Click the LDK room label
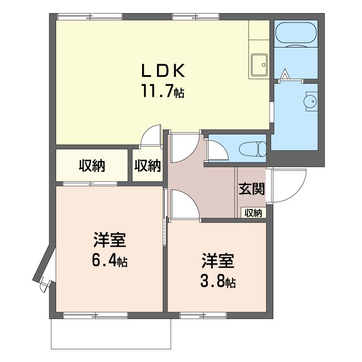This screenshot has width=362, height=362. pyautogui.click(x=163, y=71)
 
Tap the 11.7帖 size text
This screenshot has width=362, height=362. pyautogui.click(x=163, y=91)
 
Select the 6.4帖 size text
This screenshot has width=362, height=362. pyautogui.click(x=110, y=260)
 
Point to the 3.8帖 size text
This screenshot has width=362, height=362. pyautogui.click(x=218, y=281)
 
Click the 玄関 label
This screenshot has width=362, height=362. pyautogui.click(x=252, y=189)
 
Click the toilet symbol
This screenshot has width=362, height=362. pyautogui.click(x=252, y=149)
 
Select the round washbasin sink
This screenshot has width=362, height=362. pyautogui.click(x=311, y=101)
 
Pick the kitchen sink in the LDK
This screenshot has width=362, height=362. pyautogui.click(x=259, y=65)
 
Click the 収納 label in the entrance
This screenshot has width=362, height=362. pyautogui.click(x=253, y=213)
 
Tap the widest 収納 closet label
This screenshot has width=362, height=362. pyautogui.click(x=92, y=166)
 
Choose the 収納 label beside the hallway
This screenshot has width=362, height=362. pyautogui.click(x=148, y=166)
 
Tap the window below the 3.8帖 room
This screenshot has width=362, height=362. pyautogui.click(x=203, y=315)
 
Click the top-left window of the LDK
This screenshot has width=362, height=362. pyautogui.click(x=90, y=17)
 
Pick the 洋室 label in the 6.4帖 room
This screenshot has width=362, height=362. pyautogui.click(x=110, y=240)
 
